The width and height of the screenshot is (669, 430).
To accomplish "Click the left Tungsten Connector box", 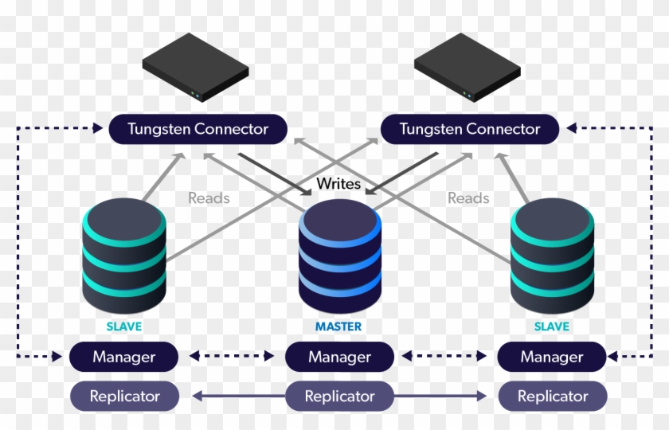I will (x=198, y=129).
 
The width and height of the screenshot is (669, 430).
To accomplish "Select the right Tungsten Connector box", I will (x=469, y=129).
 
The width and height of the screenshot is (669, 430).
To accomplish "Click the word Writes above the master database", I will (x=338, y=183).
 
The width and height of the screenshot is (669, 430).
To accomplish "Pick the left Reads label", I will (x=209, y=197).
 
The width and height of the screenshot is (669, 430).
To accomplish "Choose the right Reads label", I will (x=468, y=197).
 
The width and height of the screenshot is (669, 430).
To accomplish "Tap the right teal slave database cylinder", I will (x=552, y=256).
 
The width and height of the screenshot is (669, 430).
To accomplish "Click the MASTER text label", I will (x=338, y=326).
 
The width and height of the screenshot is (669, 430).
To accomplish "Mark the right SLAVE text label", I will (x=551, y=326).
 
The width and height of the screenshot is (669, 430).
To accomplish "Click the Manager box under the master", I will (x=340, y=357).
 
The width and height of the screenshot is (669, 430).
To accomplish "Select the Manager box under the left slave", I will (x=123, y=357).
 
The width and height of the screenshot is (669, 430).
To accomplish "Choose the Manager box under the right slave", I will (x=552, y=357).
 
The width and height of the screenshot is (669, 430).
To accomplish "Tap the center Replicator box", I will (x=340, y=396).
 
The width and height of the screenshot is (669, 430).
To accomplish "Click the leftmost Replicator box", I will (x=124, y=396).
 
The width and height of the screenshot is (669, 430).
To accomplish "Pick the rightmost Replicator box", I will (x=553, y=396).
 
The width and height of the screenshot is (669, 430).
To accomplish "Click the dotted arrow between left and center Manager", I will (x=232, y=357).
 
